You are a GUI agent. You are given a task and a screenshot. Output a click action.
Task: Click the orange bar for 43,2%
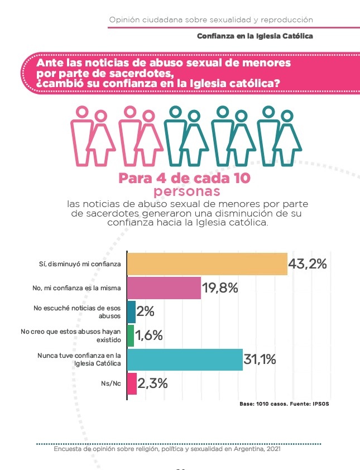[207, 263]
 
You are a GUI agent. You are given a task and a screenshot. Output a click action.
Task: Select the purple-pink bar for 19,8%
[164, 288]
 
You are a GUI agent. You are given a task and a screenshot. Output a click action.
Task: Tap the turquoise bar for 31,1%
[184, 360]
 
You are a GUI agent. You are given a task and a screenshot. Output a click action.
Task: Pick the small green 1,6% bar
[131, 335]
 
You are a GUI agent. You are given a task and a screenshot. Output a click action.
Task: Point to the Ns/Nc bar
[132, 384]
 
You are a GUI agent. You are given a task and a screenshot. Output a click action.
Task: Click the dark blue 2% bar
[131, 311]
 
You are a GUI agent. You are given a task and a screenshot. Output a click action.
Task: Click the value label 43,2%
[308, 263]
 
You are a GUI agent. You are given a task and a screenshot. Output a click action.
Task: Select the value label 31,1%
[260, 360]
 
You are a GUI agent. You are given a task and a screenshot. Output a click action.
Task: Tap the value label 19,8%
[220, 288]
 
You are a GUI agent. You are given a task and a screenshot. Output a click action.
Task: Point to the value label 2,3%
[153, 384]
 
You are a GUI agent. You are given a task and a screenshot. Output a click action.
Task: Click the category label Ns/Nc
[111, 384]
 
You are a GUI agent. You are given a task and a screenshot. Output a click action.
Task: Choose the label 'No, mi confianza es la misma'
[81, 288]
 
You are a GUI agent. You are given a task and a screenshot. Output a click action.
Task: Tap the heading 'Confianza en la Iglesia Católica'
[255, 36]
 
